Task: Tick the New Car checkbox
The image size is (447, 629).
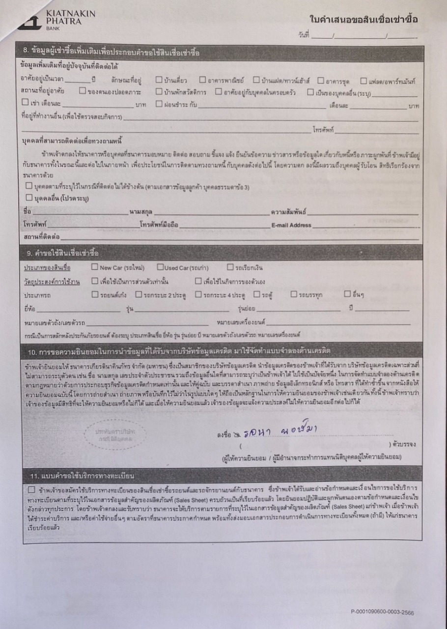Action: coord(95,267)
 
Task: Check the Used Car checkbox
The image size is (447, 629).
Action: coord(160,267)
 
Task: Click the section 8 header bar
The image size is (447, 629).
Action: coord(221,53)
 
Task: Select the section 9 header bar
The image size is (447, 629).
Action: coord(221,253)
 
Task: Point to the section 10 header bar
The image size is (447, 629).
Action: coord(221,351)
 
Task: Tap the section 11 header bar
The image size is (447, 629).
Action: coord(221,476)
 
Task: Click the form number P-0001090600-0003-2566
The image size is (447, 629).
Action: coord(383,612)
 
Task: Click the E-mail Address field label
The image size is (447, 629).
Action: coord(291,225)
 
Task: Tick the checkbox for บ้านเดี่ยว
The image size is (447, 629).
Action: coord(159,80)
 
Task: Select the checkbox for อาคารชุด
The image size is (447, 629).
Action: coord(320,80)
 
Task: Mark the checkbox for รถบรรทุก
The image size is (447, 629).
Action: coord(294,294)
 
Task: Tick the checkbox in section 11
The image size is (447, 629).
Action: coord(31,489)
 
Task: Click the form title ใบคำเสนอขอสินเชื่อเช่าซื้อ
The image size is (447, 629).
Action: coord(363,19)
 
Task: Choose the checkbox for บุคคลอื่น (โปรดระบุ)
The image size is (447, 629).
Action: coord(28,198)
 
